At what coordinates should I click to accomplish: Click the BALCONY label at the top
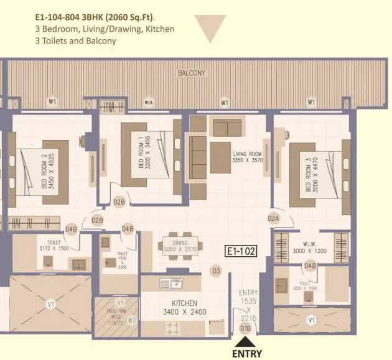pos(191,73)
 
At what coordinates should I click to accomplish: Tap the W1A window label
pos(149,102)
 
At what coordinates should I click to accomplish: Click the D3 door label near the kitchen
pos(217,270)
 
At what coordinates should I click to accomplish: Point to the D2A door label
pos(273,218)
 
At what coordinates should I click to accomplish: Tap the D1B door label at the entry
pos(245,328)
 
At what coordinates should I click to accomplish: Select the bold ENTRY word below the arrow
pos(246,354)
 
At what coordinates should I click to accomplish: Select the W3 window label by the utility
pos(131,321)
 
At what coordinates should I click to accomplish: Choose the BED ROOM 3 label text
pos(310,177)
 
